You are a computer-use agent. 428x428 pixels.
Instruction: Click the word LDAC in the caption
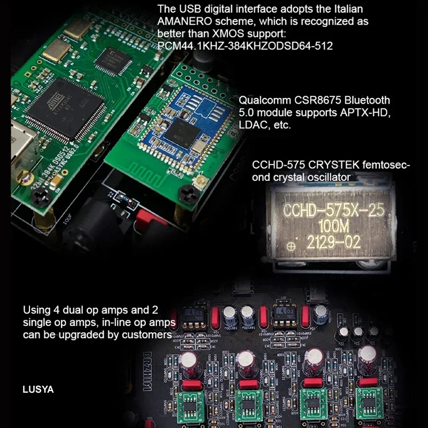coord(252,125)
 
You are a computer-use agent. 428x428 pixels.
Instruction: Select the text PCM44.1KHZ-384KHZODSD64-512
coord(246,46)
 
